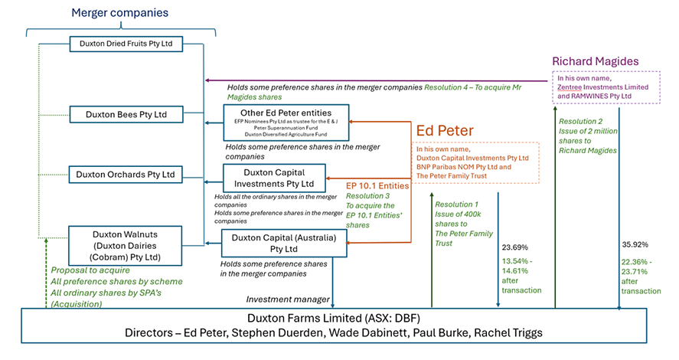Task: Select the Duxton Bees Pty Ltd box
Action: tap(126, 115)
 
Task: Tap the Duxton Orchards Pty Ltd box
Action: tap(126, 175)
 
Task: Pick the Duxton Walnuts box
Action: tap(126, 245)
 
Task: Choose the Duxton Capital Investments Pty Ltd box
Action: tap(273, 178)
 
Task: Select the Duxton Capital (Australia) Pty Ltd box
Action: tap(284, 243)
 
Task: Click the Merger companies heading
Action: tap(119, 13)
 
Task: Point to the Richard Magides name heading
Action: tap(606, 62)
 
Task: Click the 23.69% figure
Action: tap(514, 247)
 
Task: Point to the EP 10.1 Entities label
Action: tap(378, 185)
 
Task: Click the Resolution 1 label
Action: tap(456, 205)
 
